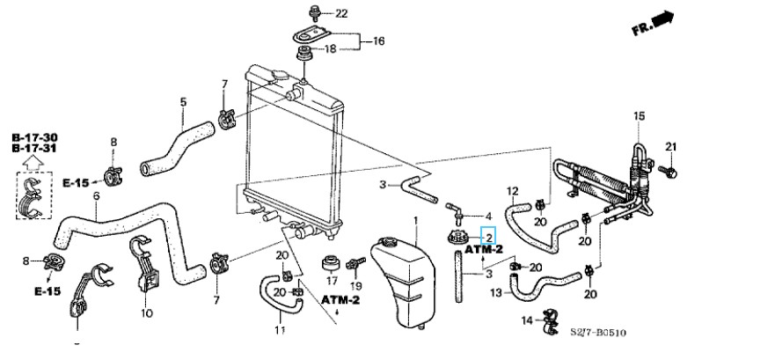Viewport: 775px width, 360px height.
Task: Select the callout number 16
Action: click(378, 41)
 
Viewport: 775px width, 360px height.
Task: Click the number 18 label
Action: click(331, 49)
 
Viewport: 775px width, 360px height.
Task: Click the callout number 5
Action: click(183, 102)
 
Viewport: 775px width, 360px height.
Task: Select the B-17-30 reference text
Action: click(35, 138)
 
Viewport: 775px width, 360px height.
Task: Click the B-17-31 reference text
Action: click(35, 149)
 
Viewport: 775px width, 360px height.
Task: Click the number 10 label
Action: click(146, 312)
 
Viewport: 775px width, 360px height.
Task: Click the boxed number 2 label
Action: click(488, 237)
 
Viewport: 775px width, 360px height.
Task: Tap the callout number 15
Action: click(640, 116)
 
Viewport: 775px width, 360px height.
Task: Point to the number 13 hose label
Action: click(496, 292)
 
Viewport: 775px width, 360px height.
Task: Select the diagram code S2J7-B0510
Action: click(598, 334)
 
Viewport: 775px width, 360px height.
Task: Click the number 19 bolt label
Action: click(356, 286)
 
